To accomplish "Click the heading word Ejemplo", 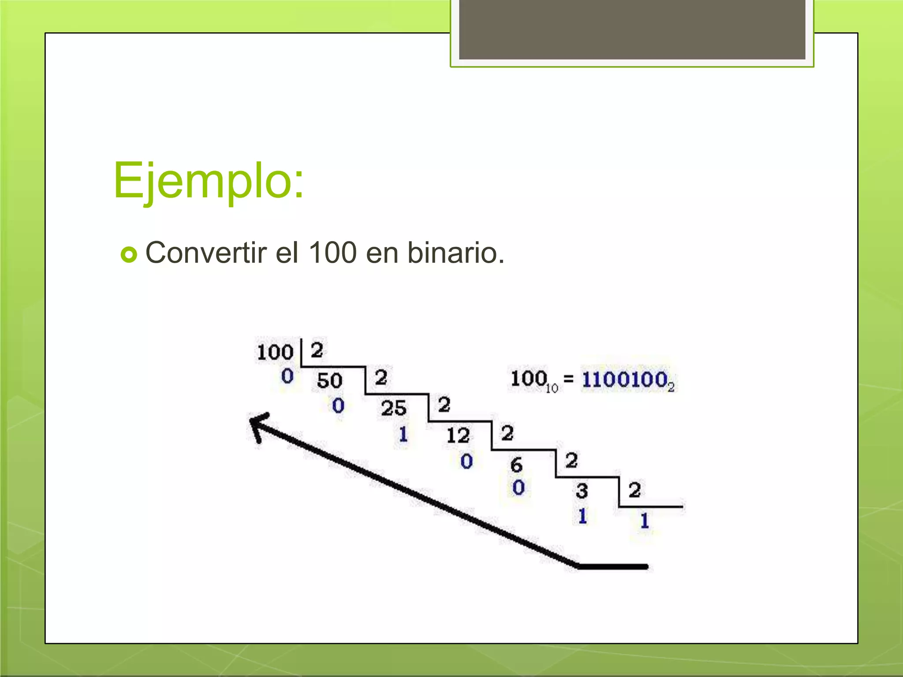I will coord(208,181).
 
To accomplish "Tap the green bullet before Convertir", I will coord(129,254).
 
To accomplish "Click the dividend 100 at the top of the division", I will coord(275,352).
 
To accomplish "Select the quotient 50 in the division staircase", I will coord(329,380).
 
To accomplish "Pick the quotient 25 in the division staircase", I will coord(393,408).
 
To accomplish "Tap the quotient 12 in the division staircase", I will coord(458,435).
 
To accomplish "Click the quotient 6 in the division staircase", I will coord(516,465).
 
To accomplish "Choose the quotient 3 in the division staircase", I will coord(582,491).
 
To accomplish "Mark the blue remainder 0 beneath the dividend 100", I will coord(287,376).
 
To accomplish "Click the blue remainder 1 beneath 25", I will coord(403,434).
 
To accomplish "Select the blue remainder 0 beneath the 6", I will coord(519,487).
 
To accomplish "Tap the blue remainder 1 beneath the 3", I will coord(582,516).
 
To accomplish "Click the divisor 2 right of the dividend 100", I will coord(317,350).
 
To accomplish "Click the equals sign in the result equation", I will coord(569,378).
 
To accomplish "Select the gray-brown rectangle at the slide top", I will coord(632,29).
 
